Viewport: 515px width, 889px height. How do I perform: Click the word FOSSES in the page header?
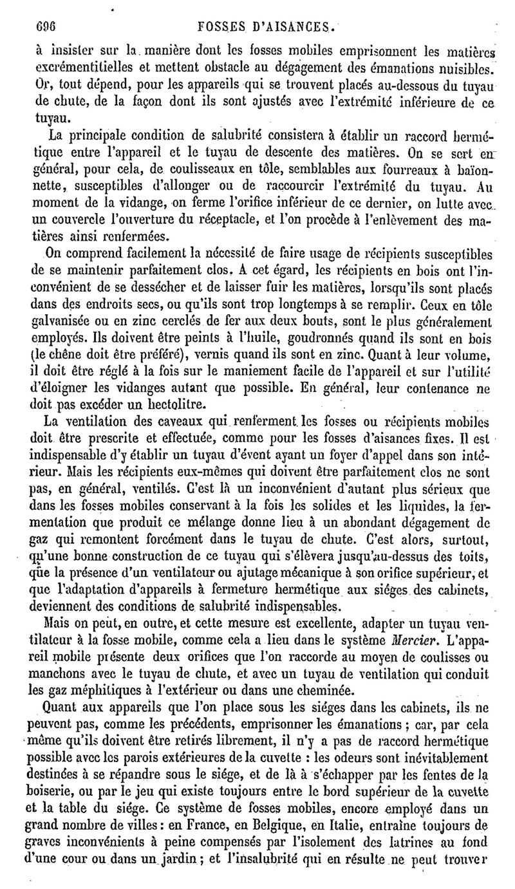pos(220,28)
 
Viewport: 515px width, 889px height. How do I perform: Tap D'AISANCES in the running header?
pos(294,28)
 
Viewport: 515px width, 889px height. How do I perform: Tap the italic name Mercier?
pos(369,624)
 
